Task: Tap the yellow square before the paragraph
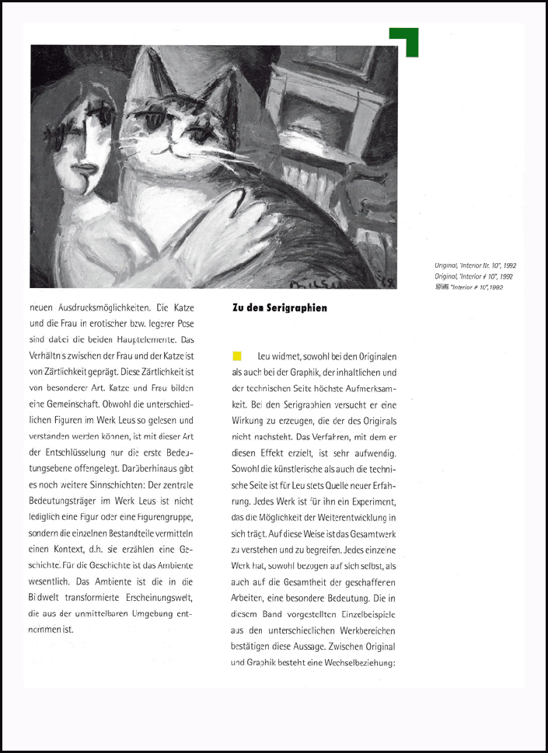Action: pos(237,356)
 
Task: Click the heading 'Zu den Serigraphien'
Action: pos(280,308)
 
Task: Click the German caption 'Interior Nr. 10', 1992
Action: pos(475,265)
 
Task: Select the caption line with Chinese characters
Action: pos(475,287)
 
